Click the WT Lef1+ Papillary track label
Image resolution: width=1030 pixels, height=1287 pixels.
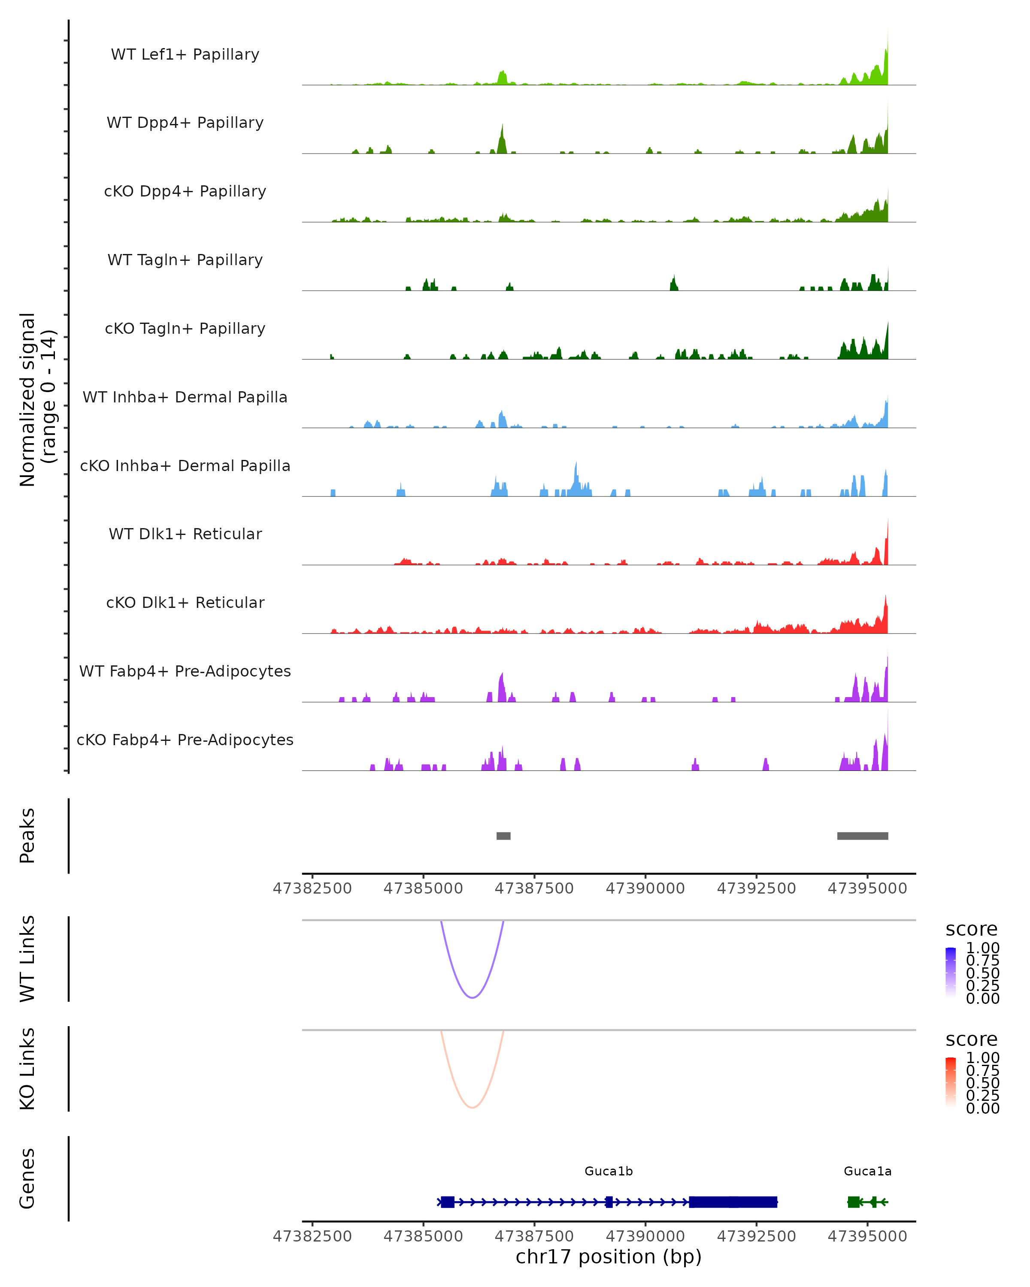(x=185, y=54)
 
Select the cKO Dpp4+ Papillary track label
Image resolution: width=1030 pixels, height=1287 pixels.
(x=185, y=191)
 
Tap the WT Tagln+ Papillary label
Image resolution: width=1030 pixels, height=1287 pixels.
(x=185, y=260)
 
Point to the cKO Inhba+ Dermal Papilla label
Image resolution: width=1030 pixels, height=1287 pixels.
(x=185, y=465)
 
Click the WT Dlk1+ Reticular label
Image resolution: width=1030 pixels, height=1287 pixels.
(x=185, y=534)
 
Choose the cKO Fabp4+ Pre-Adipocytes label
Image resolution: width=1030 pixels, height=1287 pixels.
(x=185, y=740)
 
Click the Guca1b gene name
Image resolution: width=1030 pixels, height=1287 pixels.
(x=609, y=1171)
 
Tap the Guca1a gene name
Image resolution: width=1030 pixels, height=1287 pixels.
(x=867, y=1171)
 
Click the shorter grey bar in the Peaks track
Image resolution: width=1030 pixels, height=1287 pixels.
(x=503, y=836)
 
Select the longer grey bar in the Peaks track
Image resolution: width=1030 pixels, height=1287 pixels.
(x=862, y=836)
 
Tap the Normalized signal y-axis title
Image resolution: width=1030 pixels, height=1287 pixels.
(x=37, y=399)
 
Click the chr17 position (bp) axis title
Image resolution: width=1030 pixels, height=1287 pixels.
(x=609, y=1257)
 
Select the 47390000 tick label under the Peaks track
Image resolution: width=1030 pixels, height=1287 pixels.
(x=645, y=888)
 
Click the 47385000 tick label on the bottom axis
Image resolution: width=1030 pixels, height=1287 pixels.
(x=423, y=1236)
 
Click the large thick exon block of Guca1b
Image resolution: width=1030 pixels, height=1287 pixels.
(x=733, y=1202)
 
